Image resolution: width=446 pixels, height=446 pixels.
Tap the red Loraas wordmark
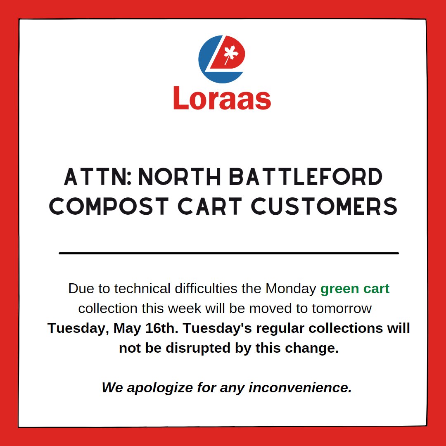coord(222,98)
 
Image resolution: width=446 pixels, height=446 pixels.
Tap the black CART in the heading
coord(212,206)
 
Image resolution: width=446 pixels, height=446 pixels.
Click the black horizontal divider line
coord(229,253)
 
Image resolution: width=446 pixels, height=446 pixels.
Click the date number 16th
coord(162,328)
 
